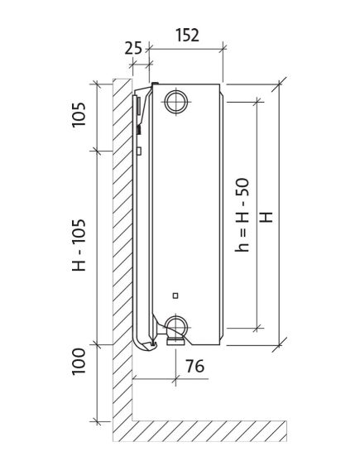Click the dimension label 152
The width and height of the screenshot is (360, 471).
coord(187,35)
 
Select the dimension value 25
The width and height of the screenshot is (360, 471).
coord(133,48)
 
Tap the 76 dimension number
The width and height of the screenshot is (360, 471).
coord(194,366)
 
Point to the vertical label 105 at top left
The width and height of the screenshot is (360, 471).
coord(79,115)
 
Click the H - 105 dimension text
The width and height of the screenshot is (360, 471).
coord(79,245)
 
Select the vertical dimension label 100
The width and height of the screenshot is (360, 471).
coord(79,362)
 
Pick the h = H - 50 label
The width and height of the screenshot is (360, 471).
coord(242,214)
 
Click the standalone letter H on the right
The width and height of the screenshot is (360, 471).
coord(266,217)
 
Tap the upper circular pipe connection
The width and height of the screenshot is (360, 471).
coord(176,102)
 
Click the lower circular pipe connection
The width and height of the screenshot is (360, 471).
coord(176,326)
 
